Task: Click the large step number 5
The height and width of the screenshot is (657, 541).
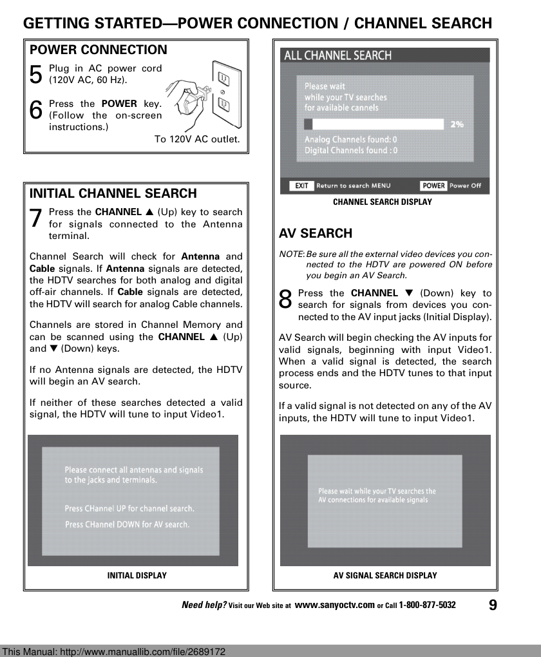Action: pos(37,75)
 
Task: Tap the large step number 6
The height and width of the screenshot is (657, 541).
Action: pos(37,110)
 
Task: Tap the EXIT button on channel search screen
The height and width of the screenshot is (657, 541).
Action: pos(301,186)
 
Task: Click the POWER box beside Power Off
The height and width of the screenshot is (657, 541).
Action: pos(433,186)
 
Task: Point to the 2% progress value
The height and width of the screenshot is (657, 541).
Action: pos(457,124)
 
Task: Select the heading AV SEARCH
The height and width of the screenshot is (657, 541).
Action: pos(316,233)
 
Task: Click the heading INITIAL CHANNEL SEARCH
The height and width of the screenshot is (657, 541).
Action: pos(113,193)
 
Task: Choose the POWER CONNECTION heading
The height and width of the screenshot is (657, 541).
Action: pos(99,50)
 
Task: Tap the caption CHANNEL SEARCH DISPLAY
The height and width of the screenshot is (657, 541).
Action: pos(383,202)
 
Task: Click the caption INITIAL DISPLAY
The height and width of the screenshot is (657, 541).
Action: pos(137,576)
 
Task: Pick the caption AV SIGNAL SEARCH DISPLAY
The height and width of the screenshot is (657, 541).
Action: pos(385,576)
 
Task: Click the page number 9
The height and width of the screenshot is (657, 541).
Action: pos(493,605)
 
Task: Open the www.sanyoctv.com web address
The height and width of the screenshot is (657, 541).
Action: pos(334,605)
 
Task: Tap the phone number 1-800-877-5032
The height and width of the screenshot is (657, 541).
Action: pos(427,605)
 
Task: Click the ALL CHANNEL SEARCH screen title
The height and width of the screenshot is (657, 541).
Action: pos(338,55)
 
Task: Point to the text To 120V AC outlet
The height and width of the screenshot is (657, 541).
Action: pos(197,139)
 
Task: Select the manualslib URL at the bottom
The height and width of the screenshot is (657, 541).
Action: pos(114,651)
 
